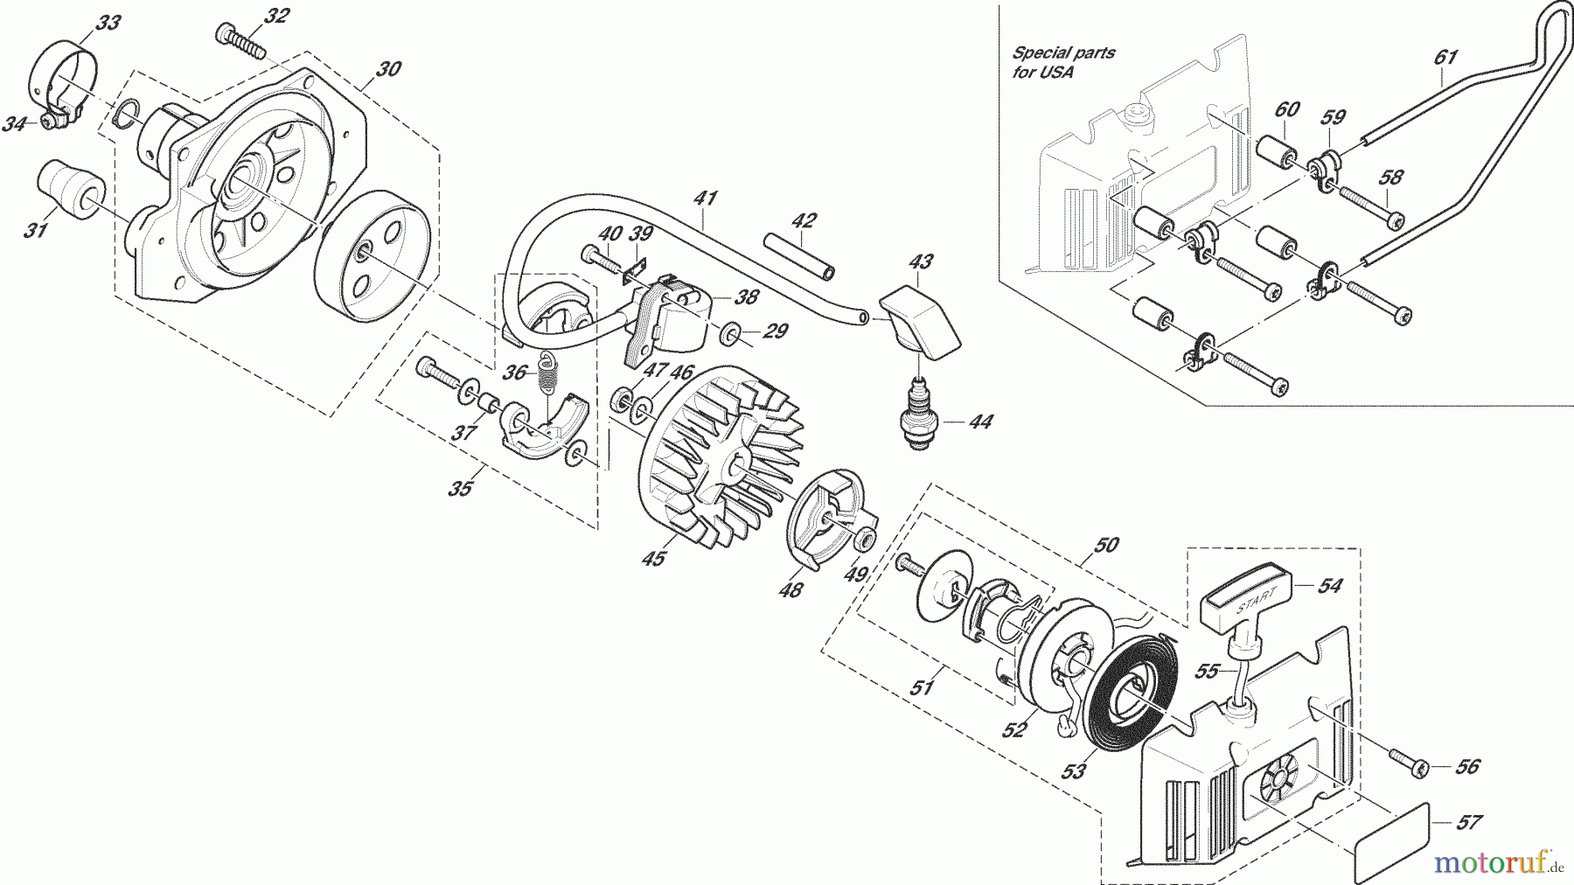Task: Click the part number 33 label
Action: [x=108, y=23]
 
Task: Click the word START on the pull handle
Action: [x=1258, y=601]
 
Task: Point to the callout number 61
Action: [x=1445, y=57]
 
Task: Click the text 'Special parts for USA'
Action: [x=1063, y=62]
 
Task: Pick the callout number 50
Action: [x=1106, y=545]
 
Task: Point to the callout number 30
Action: [x=389, y=67]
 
